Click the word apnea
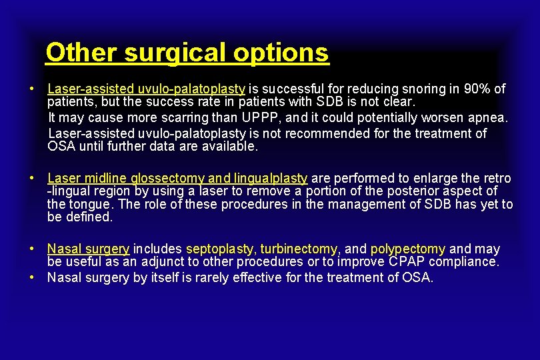point(485,118)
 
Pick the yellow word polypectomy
point(408,249)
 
